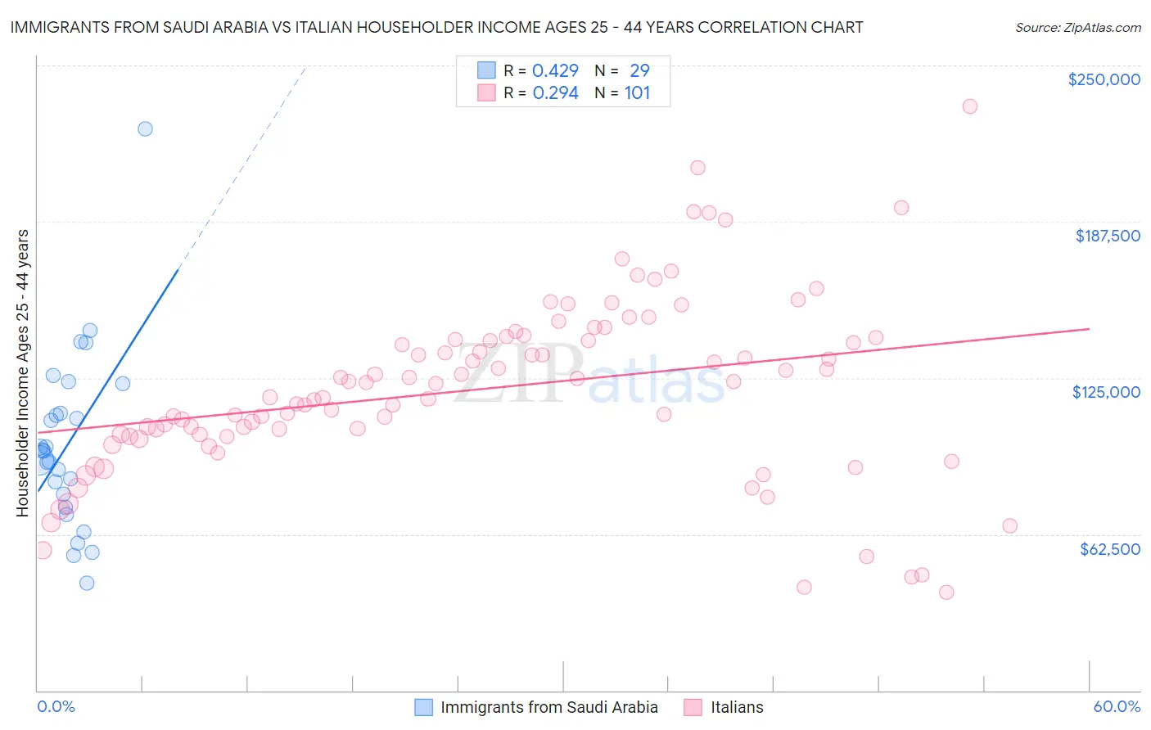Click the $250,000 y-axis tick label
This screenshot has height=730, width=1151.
[x=1104, y=79]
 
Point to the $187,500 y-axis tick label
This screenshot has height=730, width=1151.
[x=1107, y=236]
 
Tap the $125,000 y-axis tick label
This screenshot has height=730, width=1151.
[x=1106, y=392]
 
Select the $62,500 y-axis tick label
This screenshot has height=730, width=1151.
[x=1109, y=549]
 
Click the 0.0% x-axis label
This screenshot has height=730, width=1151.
[x=56, y=706]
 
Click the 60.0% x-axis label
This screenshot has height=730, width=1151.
[x=1117, y=706]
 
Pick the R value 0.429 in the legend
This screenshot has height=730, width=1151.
[x=555, y=70]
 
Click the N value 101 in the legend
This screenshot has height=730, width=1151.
[x=637, y=92]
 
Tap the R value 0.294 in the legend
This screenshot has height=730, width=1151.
[x=555, y=92]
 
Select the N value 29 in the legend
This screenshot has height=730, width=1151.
[x=639, y=70]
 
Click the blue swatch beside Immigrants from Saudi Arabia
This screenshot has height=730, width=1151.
[x=423, y=707]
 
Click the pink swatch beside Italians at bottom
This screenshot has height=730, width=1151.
[x=693, y=707]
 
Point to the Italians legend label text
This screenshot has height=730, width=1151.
[x=737, y=707]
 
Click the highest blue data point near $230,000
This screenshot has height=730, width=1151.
[x=145, y=128]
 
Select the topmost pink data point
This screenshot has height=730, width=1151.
[x=970, y=106]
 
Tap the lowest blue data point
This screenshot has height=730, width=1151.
[x=87, y=583]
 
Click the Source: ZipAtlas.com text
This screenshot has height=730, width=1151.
[x=1077, y=27]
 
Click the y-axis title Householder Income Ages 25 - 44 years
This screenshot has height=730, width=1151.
[x=22, y=373]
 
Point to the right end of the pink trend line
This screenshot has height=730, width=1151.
[x=1089, y=328]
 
